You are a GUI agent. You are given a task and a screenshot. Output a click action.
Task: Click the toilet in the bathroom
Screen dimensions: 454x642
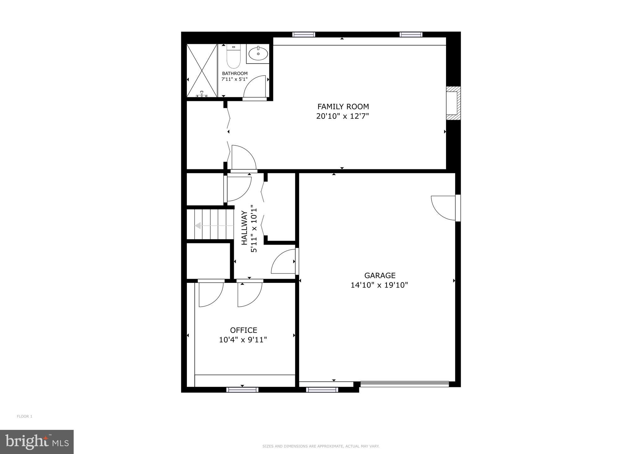(x=233, y=58)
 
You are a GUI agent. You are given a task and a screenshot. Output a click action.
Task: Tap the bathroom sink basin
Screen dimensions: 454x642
(x=258, y=54)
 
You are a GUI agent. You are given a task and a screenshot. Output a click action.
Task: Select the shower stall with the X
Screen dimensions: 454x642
(x=202, y=71)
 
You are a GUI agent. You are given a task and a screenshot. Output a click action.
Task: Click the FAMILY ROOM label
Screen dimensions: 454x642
(x=343, y=107)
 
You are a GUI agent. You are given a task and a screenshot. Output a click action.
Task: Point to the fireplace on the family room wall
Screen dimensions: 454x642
(x=453, y=103)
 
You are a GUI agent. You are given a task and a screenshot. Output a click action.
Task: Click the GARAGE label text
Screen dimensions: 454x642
(x=380, y=276)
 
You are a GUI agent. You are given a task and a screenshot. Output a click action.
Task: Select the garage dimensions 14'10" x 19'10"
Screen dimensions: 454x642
(x=379, y=285)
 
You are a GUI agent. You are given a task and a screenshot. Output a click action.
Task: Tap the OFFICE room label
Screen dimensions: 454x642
(x=244, y=330)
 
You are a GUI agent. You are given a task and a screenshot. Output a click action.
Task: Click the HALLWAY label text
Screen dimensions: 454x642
(x=245, y=228)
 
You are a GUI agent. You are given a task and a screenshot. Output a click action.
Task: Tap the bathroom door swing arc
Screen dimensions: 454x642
(x=255, y=87)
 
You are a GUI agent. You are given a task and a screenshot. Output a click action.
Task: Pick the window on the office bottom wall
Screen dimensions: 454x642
(x=242, y=390)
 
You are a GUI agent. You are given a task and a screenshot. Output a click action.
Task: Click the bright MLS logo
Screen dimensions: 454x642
(x=37, y=442)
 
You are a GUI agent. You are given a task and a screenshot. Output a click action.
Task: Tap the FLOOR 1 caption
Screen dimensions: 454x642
(x=24, y=416)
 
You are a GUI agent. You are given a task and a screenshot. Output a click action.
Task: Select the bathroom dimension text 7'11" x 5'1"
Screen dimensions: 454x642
(x=234, y=79)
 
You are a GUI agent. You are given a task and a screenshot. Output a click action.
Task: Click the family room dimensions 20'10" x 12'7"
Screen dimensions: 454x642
(x=342, y=116)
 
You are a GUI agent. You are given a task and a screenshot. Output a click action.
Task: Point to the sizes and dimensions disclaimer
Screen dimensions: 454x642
(x=321, y=446)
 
